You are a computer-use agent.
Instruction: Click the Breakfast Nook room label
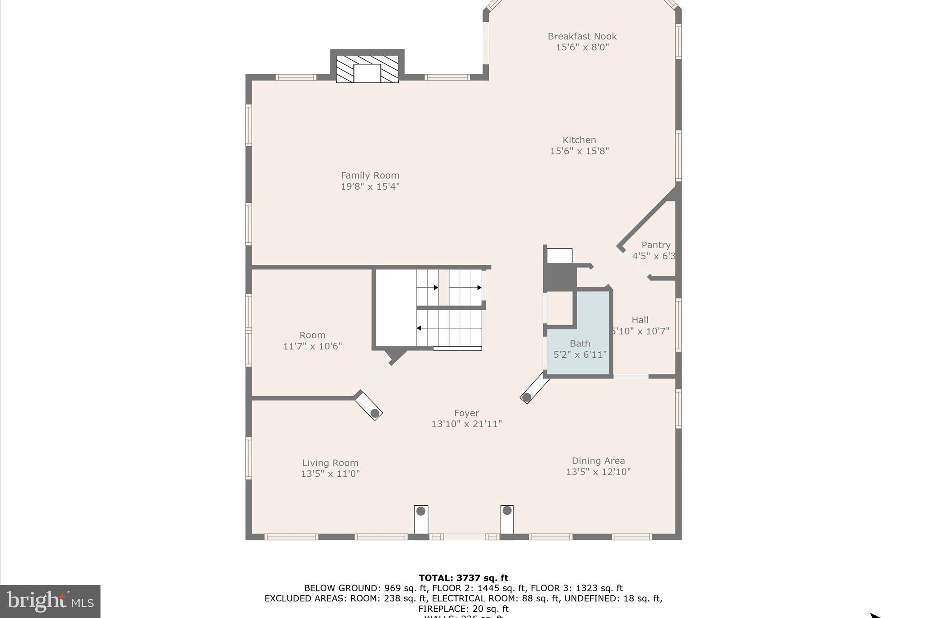click(x=582, y=36)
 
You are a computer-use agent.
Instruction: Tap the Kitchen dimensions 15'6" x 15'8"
click(x=579, y=151)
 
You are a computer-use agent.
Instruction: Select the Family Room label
click(x=370, y=175)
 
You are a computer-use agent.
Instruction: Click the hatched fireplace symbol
click(x=367, y=69)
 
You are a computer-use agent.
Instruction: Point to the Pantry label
click(x=655, y=245)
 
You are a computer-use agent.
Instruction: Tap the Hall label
click(x=640, y=320)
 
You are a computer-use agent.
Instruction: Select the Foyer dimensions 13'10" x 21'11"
click(x=467, y=424)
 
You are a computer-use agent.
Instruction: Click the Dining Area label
click(x=598, y=461)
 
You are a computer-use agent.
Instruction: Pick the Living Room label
click(x=330, y=463)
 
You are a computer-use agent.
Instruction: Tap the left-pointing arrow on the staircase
click(x=420, y=328)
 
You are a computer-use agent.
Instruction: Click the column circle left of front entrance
click(x=421, y=511)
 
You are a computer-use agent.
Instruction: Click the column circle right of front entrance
click(x=507, y=511)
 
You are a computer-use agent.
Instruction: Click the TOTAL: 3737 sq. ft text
click(x=463, y=578)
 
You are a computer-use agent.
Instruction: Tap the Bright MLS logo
click(x=50, y=601)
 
